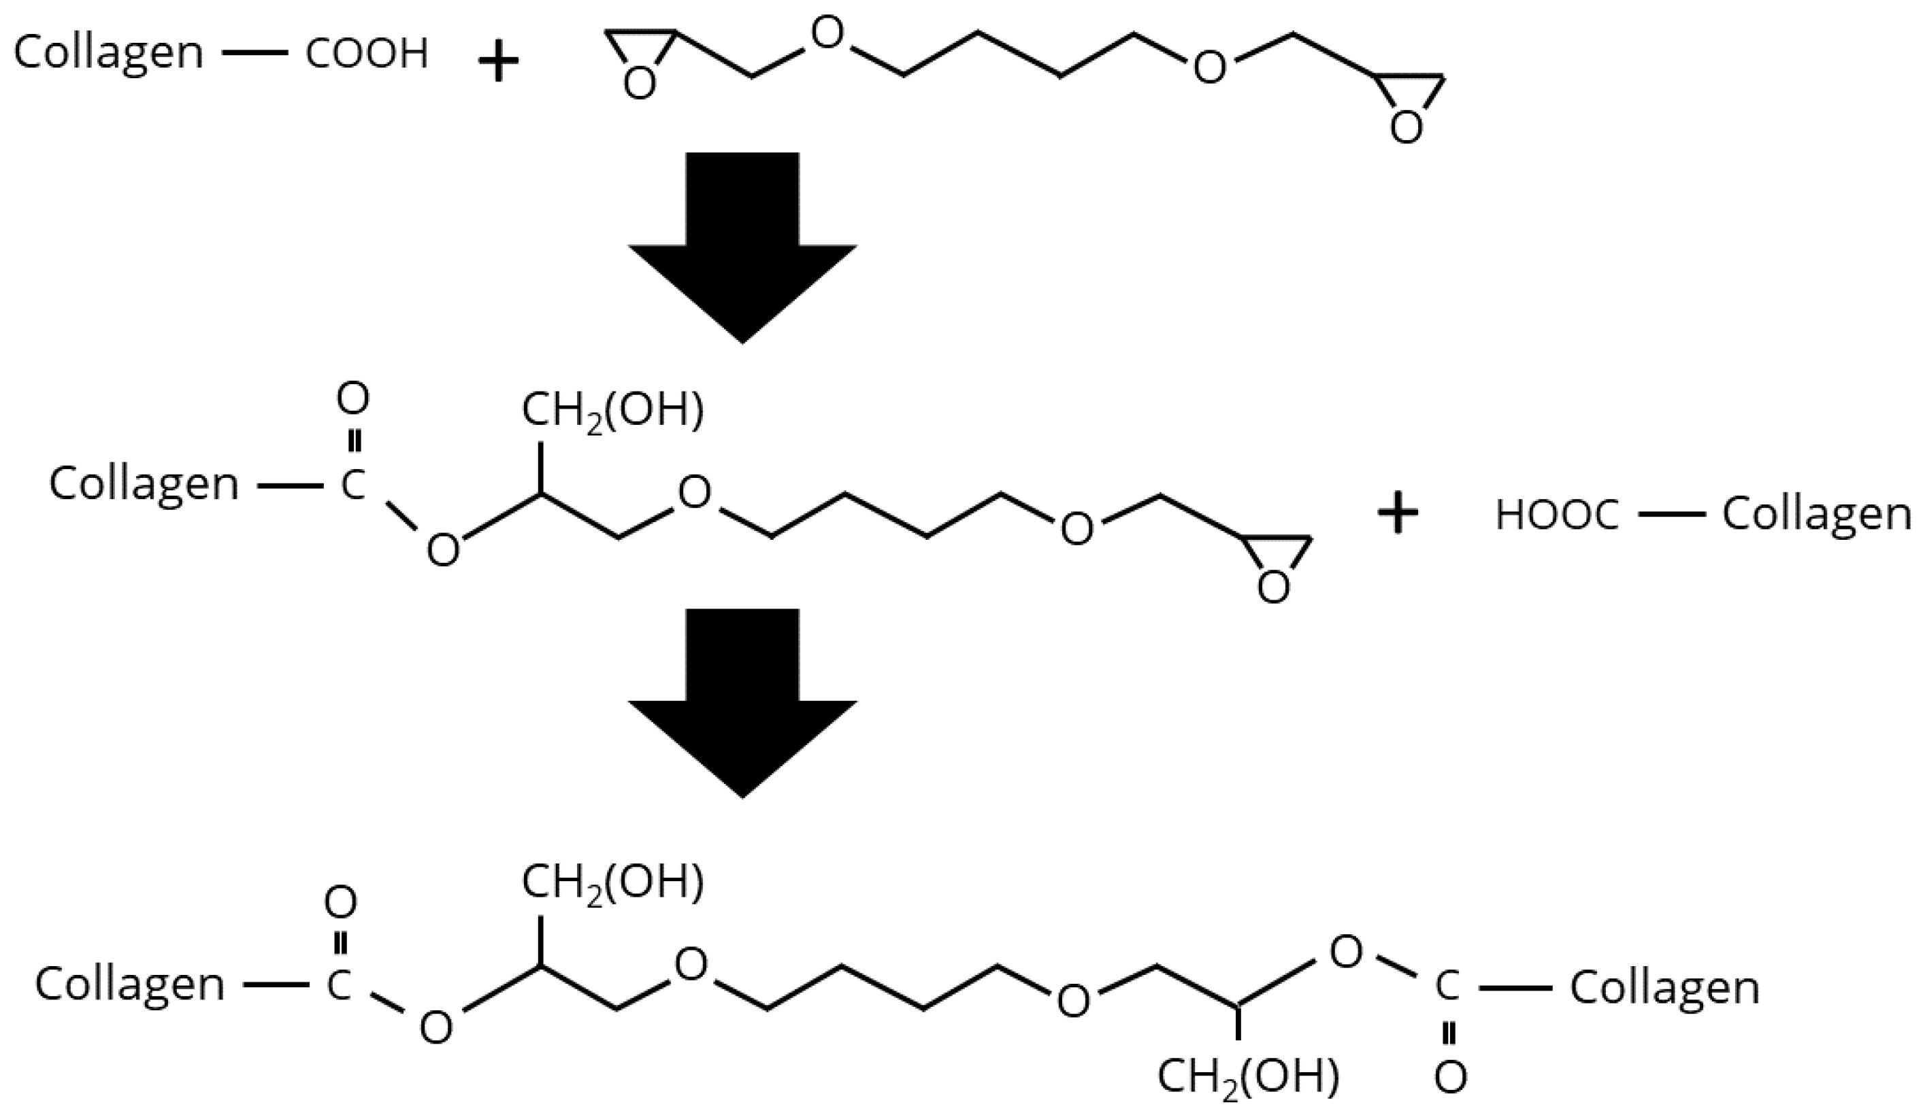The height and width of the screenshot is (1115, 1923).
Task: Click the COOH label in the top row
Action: [366, 54]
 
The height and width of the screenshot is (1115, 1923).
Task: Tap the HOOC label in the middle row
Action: [1557, 515]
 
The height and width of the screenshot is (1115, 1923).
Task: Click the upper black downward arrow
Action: [742, 244]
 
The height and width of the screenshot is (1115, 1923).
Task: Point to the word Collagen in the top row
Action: [109, 54]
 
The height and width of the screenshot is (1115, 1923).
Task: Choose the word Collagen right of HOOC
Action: [1816, 515]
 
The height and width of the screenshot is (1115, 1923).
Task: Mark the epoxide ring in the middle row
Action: [1275, 564]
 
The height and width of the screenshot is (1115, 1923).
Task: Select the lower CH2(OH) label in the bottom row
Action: [1249, 1076]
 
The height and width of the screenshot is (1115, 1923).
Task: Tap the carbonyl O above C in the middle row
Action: [352, 398]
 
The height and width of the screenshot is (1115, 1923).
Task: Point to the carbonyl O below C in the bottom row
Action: [1450, 1078]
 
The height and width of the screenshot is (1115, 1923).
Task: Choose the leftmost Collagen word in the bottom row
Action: [130, 984]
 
